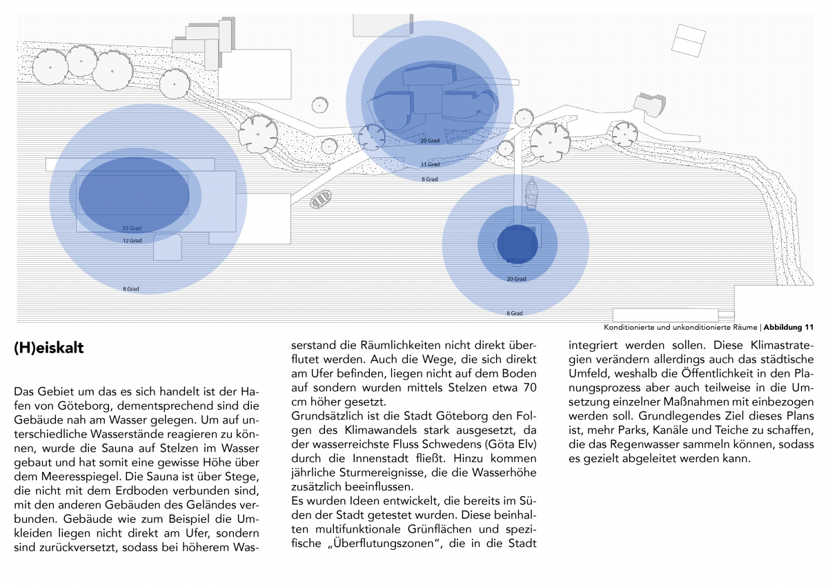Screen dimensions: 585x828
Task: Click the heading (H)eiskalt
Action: click(x=49, y=348)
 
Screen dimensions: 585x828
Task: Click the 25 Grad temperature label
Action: click(x=132, y=228)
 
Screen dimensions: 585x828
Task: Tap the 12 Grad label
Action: click(x=132, y=241)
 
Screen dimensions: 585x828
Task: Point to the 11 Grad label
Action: click(x=430, y=165)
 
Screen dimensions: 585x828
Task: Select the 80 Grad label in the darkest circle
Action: click(x=515, y=261)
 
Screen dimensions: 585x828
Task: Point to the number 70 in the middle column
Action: click(x=529, y=388)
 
